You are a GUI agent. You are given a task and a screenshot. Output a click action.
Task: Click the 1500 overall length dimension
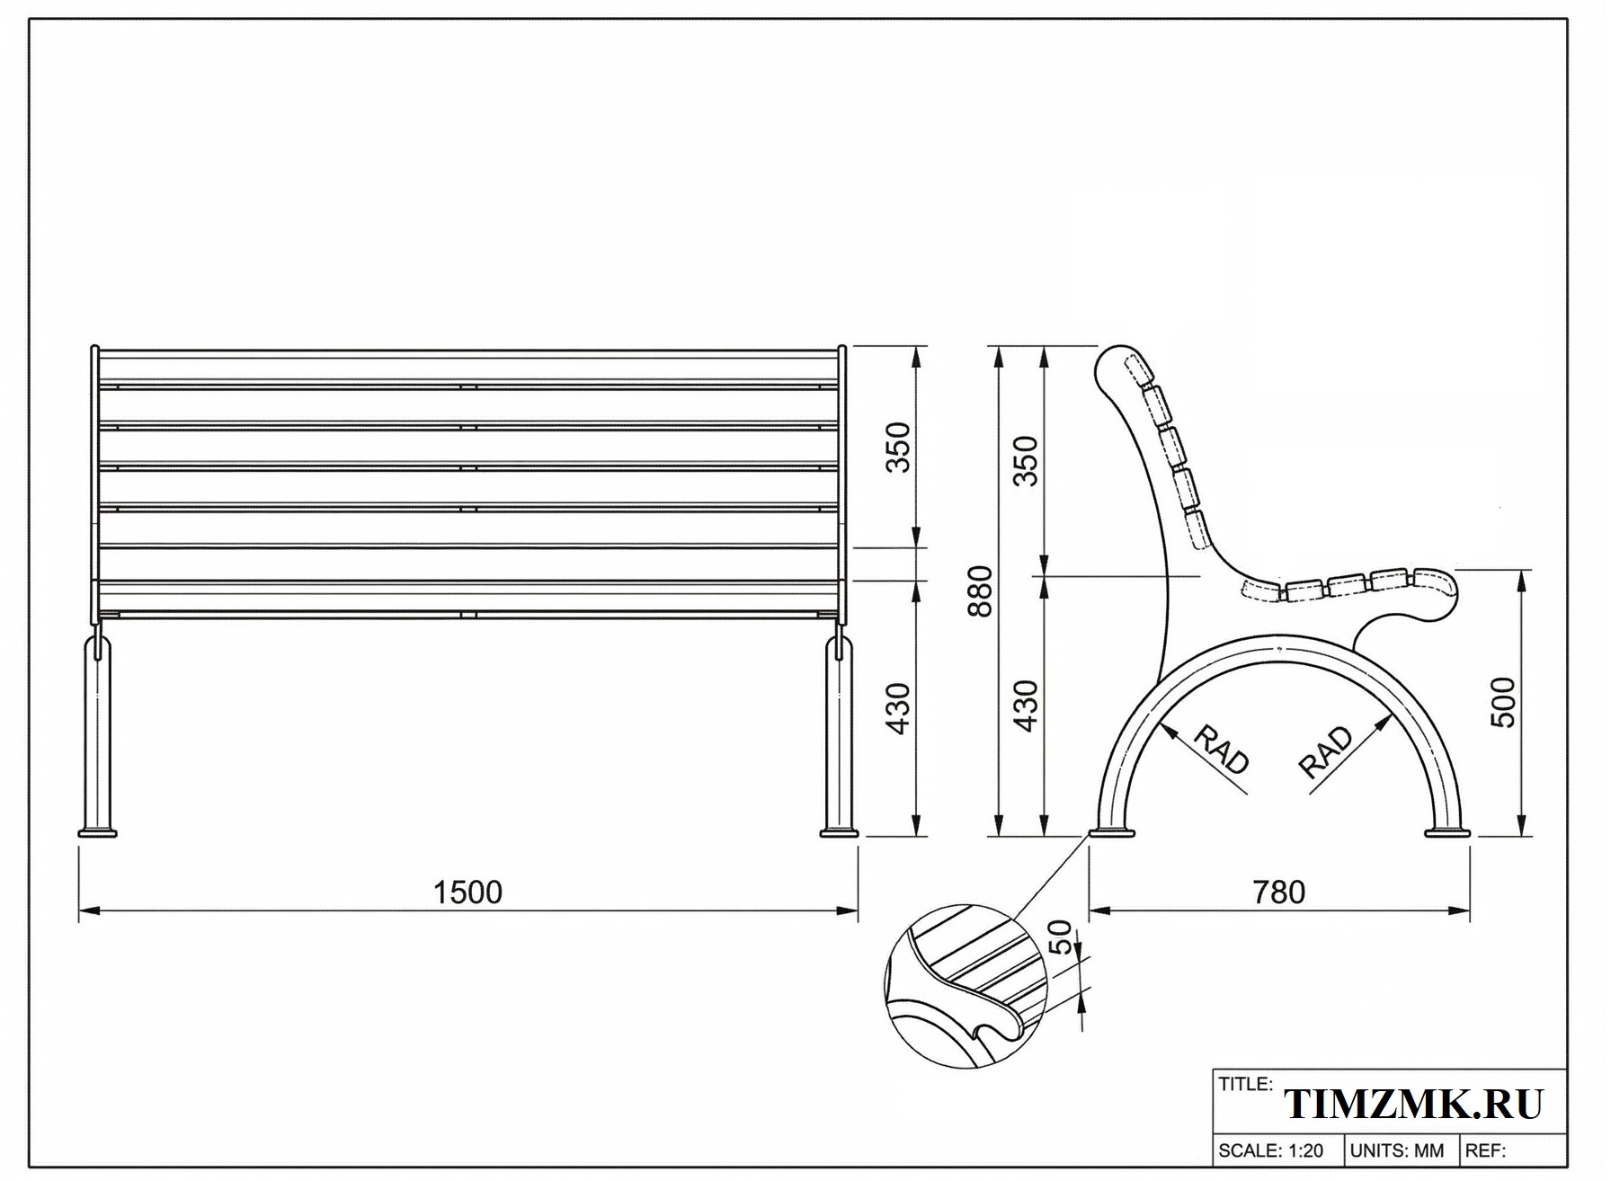467,892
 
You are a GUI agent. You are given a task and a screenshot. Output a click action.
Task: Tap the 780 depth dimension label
1278,892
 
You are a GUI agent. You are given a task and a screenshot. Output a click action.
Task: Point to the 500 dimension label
1502,702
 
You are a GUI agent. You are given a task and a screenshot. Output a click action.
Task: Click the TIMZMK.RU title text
1414,1104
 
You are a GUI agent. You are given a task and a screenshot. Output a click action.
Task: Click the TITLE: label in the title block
1245,1084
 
